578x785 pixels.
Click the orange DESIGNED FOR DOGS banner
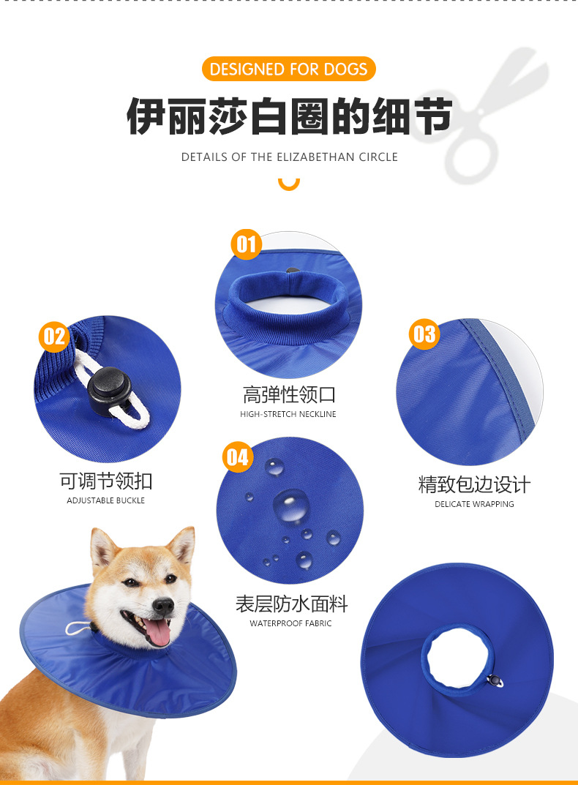(288, 70)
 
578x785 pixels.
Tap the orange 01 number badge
(247, 244)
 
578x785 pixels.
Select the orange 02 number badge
(54, 337)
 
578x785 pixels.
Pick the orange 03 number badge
(424, 334)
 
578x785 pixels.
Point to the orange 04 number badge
(237, 458)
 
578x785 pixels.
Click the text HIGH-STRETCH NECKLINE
(288, 414)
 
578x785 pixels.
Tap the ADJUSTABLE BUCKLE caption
(106, 500)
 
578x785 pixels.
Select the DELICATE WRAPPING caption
(474, 504)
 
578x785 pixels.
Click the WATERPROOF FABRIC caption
(290, 623)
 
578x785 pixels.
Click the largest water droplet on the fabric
(291, 506)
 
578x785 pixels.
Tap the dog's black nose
(164, 605)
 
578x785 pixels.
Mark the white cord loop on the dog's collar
(78, 628)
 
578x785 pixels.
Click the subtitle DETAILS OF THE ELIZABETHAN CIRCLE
(289, 157)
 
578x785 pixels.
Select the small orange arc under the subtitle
(289, 184)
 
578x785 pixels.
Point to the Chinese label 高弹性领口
(289, 395)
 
